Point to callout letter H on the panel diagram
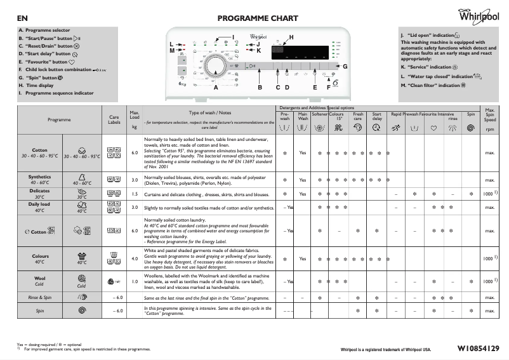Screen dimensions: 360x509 pos(291,38)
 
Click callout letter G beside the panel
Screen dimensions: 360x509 pos(345,66)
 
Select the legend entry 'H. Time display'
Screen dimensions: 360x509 pos(36,85)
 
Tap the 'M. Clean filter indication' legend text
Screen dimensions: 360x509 pos(433,84)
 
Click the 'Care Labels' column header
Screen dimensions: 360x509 pos(114,119)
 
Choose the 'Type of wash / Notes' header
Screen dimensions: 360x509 pos(209,112)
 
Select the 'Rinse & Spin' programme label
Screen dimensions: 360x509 pos(39,297)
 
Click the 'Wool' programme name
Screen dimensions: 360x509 pos(39,277)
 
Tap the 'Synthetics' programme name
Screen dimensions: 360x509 pos(39,177)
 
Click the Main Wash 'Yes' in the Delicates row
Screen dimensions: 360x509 pos(303,194)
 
